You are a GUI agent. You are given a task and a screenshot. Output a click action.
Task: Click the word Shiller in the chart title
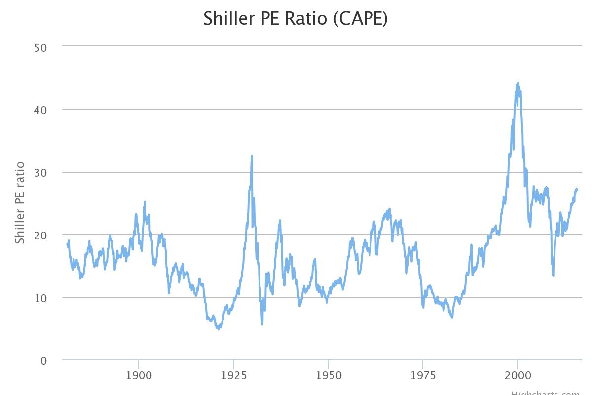[228, 18]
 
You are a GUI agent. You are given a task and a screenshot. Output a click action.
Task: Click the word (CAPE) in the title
[360, 19]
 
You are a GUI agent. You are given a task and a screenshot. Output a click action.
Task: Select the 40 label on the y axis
[40, 110]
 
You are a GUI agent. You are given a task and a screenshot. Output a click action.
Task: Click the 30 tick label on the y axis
[40, 172]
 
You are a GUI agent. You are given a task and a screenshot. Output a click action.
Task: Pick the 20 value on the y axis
[40, 235]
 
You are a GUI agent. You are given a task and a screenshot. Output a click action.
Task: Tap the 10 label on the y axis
[40, 298]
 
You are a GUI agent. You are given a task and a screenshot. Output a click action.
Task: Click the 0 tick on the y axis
[44, 361]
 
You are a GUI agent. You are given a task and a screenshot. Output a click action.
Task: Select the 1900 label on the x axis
[139, 376]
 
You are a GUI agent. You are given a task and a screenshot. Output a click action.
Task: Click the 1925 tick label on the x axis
[233, 376]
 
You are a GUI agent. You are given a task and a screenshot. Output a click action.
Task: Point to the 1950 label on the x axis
[328, 376]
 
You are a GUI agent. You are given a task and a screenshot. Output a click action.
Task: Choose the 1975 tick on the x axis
[423, 376]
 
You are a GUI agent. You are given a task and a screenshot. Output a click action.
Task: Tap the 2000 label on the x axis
[518, 376]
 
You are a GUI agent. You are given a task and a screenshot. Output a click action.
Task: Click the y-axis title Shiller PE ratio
[20, 203]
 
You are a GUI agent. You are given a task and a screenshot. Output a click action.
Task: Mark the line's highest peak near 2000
[518, 83]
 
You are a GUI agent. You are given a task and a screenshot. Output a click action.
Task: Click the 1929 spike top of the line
[252, 156]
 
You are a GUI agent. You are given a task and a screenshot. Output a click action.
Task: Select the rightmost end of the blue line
[577, 189]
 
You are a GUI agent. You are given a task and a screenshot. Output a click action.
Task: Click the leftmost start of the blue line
[67, 244]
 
